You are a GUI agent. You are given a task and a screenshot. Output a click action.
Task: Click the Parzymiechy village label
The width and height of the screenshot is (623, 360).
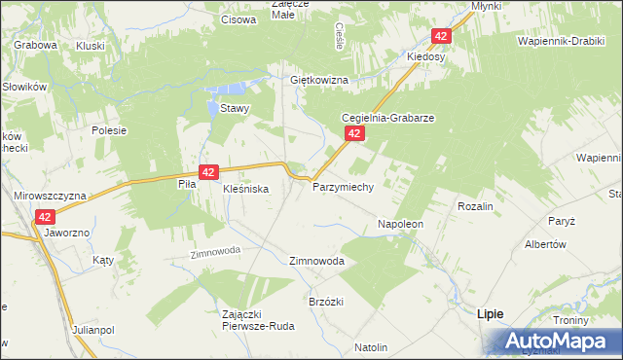[343, 186]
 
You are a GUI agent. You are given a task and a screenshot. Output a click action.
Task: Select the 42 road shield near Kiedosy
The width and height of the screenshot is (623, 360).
[441, 36]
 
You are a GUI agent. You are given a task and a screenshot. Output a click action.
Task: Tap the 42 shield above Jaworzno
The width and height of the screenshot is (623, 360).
[45, 217]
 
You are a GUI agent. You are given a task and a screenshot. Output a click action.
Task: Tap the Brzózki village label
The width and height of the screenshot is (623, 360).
[327, 302]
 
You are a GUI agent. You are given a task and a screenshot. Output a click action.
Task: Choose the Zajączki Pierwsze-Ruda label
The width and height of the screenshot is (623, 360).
[258, 320]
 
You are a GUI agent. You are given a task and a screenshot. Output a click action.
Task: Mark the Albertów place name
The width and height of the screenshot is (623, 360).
[545, 244]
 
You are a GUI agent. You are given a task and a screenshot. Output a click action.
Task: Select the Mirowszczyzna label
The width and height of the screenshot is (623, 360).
[50, 196]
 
